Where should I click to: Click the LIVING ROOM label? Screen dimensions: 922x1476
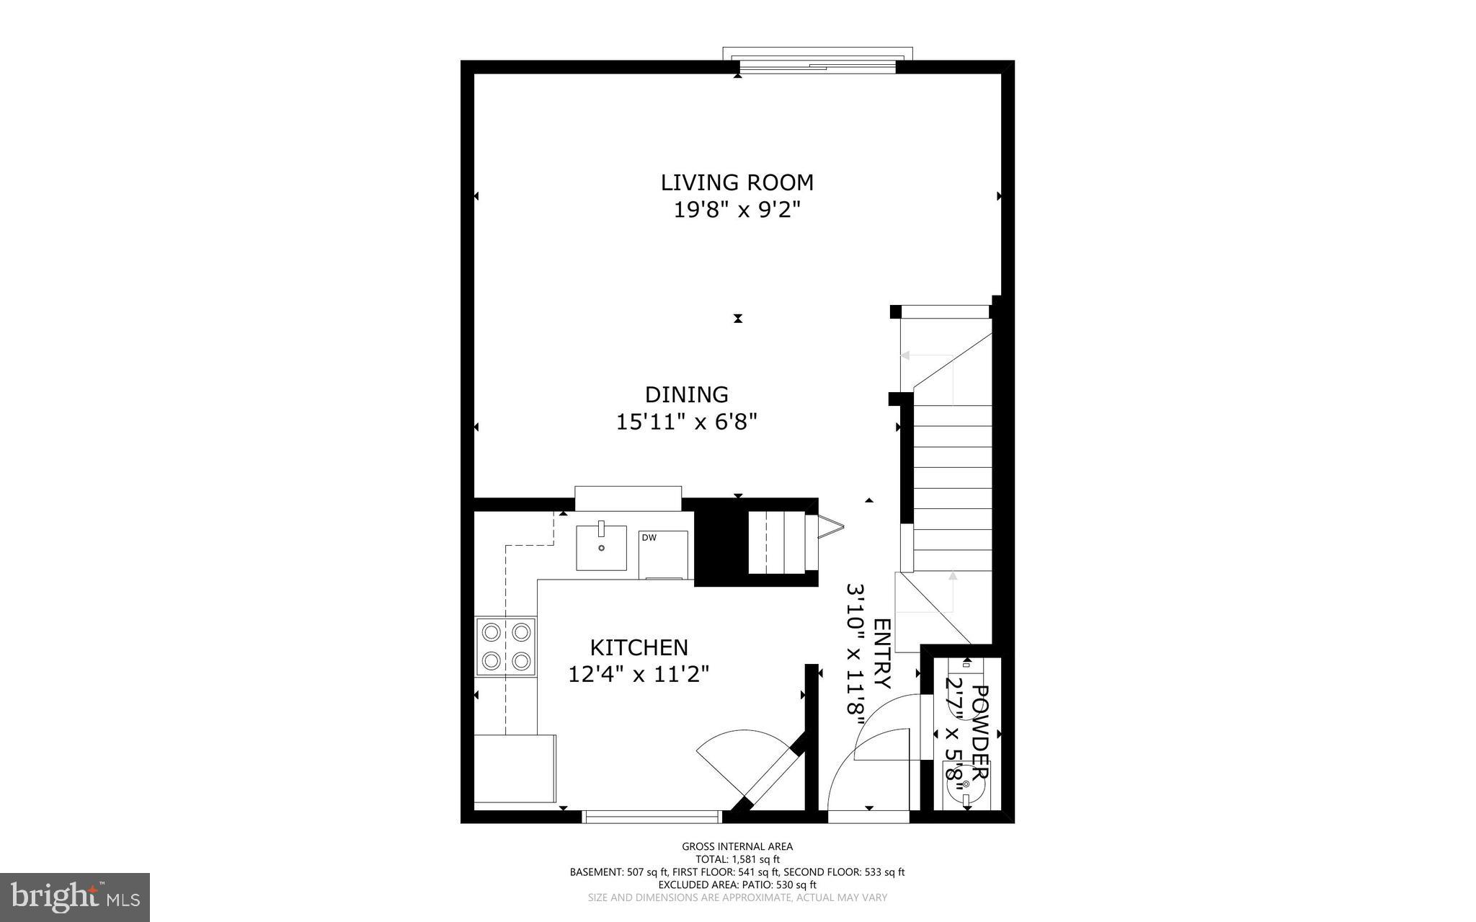[x=737, y=182]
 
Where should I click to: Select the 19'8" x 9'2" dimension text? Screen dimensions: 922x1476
[x=737, y=210]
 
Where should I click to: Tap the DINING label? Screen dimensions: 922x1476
[x=686, y=394]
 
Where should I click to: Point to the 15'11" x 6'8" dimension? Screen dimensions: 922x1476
[x=686, y=421]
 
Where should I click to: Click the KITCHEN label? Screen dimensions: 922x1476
[x=639, y=647]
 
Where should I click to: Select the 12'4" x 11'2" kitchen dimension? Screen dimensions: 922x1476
[x=639, y=674]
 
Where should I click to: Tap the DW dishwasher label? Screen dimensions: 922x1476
[x=649, y=538]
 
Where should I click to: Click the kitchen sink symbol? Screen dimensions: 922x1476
[x=601, y=548]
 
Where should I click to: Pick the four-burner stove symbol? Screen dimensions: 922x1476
[x=505, y=646]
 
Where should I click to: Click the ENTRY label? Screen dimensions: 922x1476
[x=882, y=653]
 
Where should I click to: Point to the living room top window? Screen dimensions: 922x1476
[x=817, y=66]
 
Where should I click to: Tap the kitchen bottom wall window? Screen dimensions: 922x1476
[x=652, y=817]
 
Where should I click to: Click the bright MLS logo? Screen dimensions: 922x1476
[x=75, y=897]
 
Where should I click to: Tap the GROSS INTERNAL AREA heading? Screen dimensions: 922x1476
[x=737, y=846]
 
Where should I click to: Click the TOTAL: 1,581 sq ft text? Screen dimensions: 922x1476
[x=737, y=859]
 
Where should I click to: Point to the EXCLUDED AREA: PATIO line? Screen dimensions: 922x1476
[x=737, y=885]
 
